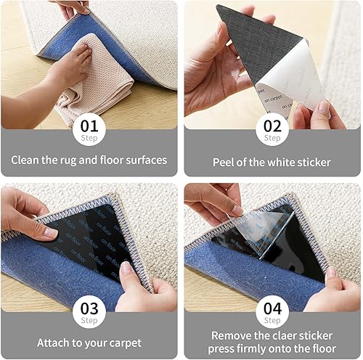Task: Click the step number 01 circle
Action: coord(90,129)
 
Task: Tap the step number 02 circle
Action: coord(272,129)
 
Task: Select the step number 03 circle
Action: coord(90,311)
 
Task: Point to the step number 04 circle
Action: coord(272,311)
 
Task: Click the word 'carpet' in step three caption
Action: coord(123,343)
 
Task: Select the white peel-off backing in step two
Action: coord(290,80)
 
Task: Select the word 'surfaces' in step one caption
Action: coord(144,160)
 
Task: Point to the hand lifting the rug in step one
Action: coord(76,7)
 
